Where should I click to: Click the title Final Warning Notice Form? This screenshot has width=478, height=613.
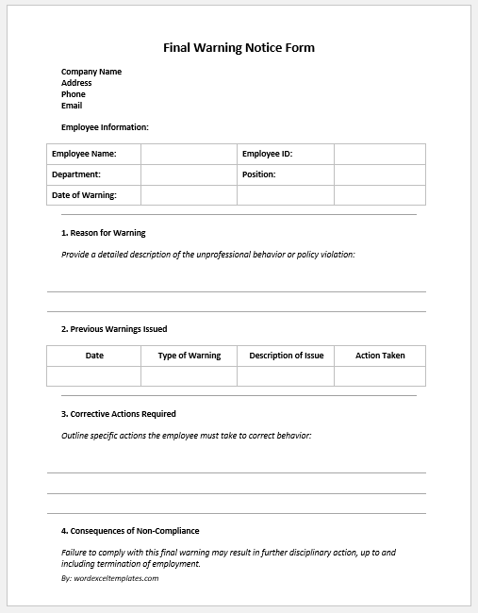point(239,47)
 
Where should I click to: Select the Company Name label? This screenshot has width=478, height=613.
point(91,72)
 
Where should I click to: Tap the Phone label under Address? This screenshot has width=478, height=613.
point(74,94)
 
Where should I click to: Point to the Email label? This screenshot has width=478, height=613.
point(72,106)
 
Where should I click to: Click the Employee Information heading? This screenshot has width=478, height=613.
point(105,127)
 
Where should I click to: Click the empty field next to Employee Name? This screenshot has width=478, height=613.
point(189,154)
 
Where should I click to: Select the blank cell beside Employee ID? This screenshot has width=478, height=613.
point(379,154)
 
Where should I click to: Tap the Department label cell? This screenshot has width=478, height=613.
point(93,174)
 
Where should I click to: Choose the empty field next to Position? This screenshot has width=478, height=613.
point(379,174)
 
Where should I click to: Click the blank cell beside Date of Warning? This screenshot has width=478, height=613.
point(189,195)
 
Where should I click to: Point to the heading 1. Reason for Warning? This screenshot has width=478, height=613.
point(104,233)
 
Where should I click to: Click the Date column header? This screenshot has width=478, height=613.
point(94,356)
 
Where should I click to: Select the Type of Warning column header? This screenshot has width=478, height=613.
point(189,356)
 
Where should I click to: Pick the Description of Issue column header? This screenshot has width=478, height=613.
point(286,356)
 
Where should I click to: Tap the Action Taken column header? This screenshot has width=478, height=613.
point(380,356)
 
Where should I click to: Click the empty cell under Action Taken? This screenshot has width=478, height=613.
point(380,375)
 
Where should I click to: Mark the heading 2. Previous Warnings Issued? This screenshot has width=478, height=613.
point(114,329)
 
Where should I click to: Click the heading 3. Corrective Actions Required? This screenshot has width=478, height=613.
point(119,414)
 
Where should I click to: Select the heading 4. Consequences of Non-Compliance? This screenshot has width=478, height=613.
point(130,531)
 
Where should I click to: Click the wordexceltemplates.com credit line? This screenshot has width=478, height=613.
point(110,578)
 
